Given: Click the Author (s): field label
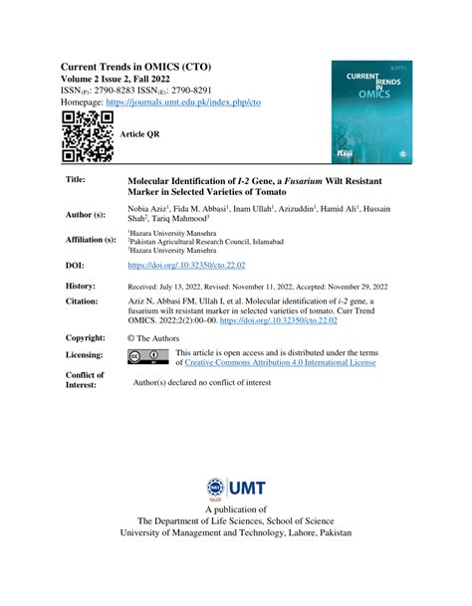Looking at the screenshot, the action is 86,214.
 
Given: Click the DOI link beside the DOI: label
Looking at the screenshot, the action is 186,266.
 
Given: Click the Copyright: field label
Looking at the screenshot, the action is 86,338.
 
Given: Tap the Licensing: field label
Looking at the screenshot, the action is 85,355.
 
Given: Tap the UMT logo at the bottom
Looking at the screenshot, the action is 236,487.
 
